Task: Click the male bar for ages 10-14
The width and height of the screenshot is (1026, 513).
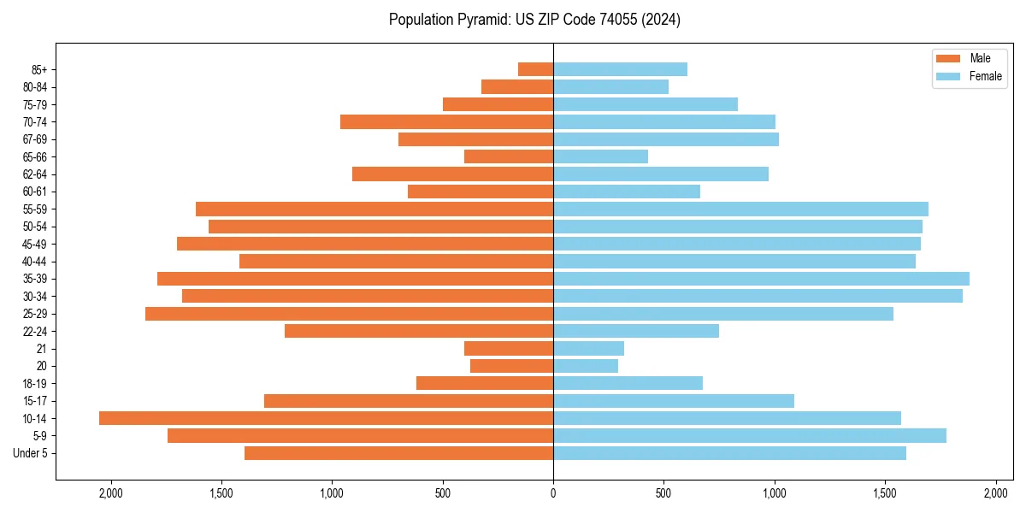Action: [x=326, y=418]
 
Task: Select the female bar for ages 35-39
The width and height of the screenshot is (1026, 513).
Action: [x=761, y=279]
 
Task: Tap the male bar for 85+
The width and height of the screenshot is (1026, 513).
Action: [x=535, y=69]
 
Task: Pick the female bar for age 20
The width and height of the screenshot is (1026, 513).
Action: [x=586, y=366]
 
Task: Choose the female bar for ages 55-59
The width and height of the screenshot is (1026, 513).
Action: [x=740, y=209]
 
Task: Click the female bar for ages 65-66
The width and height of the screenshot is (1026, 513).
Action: [x=600, y=156]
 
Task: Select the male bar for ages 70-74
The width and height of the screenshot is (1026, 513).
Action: [x=446, y=121]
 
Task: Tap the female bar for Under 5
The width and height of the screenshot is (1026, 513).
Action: [x=729, y=453]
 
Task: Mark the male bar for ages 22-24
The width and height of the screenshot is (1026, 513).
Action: [x=419, y=331]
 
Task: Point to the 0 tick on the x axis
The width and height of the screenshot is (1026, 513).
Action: [x=553, y=493]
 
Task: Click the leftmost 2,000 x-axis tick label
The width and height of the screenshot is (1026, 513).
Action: [x=110, y=493]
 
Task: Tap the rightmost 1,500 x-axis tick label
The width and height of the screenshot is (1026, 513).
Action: [x=886, y=493]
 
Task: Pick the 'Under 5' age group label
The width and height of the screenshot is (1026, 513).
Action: [x=31, y=453]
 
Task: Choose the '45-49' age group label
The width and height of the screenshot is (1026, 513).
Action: [x=35, y=244]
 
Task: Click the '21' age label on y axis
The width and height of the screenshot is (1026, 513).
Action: [x=42, y=349]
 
